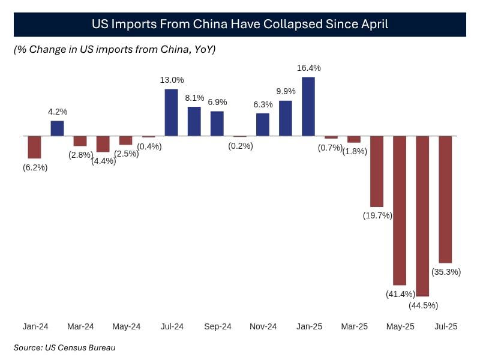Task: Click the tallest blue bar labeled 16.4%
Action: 308,106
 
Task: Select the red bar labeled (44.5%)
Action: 422,216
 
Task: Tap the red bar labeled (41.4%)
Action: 400,210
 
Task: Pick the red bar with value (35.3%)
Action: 445,199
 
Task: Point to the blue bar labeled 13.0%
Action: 171,112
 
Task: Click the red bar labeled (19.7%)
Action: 377,172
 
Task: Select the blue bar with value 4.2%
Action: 57,128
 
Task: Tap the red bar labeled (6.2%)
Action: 34,147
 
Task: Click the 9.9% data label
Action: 286,91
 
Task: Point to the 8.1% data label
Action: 194,98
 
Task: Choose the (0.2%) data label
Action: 240,146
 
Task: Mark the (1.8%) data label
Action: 354,152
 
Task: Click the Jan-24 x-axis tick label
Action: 35,326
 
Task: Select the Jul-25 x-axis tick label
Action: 445,326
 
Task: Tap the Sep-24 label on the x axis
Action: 218,326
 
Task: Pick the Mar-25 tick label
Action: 354,326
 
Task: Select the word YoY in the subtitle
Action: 202,50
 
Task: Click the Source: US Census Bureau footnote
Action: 65,347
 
